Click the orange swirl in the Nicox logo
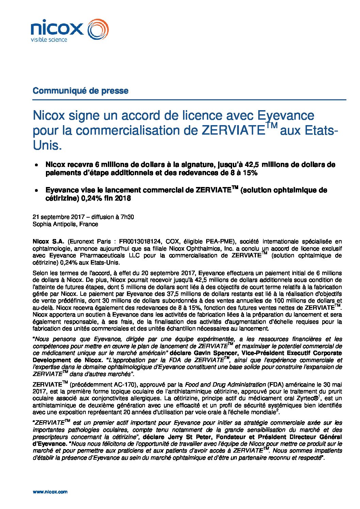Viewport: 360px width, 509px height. click(x=98, y=29)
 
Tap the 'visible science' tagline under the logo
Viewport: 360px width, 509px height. click(x=49, y=40)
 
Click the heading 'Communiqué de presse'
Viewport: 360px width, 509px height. click(x=80, y=91)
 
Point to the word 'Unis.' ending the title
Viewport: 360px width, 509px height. click(x=47, y=146)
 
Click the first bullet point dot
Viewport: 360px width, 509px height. click(x=36, y=165)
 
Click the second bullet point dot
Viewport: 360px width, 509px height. click(x=36, y=191)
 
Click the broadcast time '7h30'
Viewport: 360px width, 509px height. click(x=126, y=217)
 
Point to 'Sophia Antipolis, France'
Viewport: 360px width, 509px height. click(x=65, y=224)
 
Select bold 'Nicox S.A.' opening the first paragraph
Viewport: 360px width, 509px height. click(x=48, y=241)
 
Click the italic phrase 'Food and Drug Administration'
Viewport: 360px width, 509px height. click(x=225, y=385)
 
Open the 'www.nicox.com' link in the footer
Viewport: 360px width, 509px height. click(x=50, y=492)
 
